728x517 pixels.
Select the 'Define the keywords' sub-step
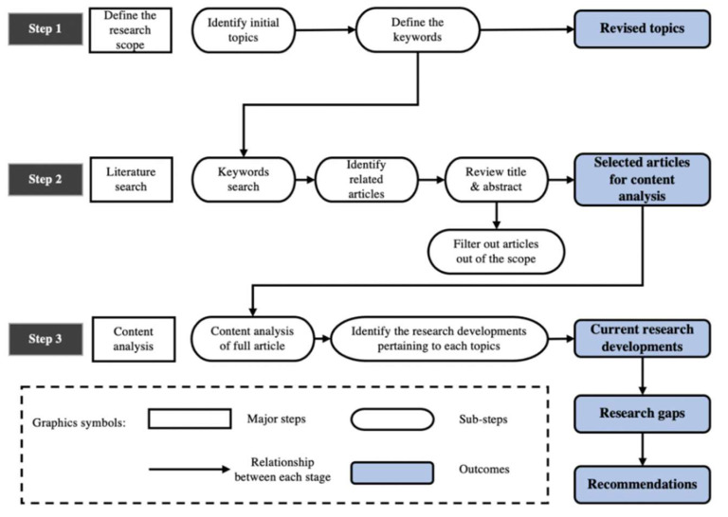(x=418, y=29)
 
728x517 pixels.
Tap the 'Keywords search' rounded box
(x=245, y=178)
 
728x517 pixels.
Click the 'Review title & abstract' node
(x=496, y=178)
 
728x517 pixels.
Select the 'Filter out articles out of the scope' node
(x=496, y=250)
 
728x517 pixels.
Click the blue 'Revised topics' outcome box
(x=641, y=29)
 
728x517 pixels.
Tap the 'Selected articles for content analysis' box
(x=642, y=177)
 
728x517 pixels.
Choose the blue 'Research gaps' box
(x=642, y=414)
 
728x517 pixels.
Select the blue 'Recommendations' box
(x=642, y=484)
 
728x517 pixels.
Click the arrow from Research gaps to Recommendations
(x=642, y=449)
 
